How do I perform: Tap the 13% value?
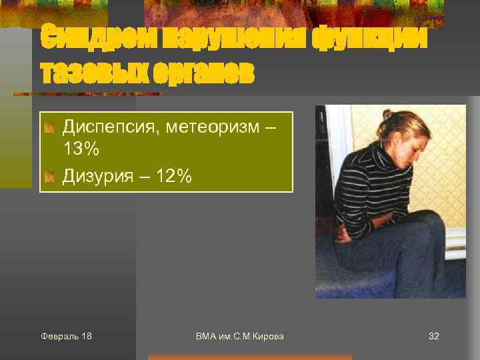pyautogui.click(x=81, y=149)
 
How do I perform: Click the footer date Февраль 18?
pyautogui.click(x=66, y=336)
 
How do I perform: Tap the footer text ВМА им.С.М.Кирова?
pyautogui.click(x=240, y=336)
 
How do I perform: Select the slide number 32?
pyautogui.click(x=433, y=336)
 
